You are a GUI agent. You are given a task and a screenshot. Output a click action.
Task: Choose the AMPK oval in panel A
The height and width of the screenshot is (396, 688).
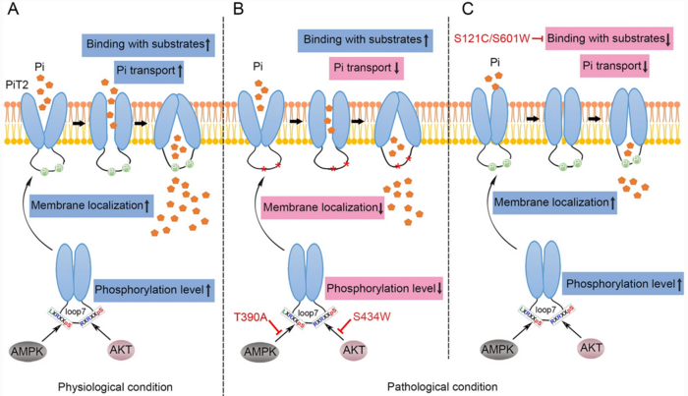tap(30, 351)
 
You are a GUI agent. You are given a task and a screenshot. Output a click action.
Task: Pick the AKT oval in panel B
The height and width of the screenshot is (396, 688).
tap(356, 351)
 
